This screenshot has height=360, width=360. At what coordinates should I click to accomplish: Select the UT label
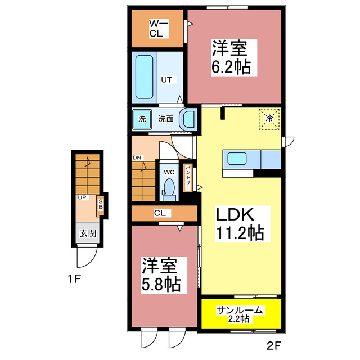(x=166, y=80)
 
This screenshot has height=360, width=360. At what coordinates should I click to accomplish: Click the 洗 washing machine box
(x=142, y=119)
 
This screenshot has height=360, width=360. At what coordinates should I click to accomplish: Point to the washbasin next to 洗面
(x=187, y=119)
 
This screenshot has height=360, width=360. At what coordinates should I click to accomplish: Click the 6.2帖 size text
(x=231, y=67)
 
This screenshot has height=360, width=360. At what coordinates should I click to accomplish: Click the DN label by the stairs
(x=137, y=157)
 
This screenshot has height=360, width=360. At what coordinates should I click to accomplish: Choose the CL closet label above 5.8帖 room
(x=160, y=213)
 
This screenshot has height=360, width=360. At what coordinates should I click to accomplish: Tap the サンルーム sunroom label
(x=240, y=309)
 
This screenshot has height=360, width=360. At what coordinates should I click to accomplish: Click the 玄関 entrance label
(x=87, y=233)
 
